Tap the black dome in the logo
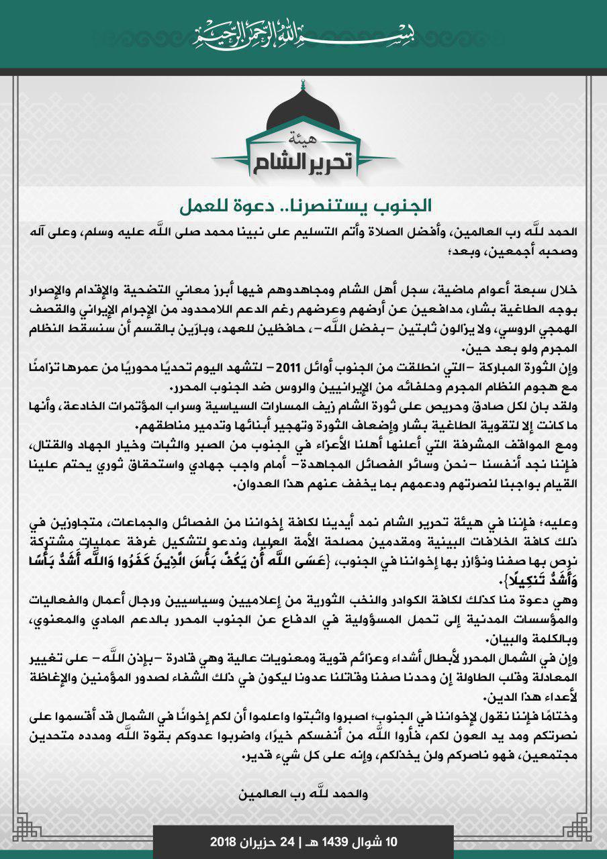click(x=303, y=111)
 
